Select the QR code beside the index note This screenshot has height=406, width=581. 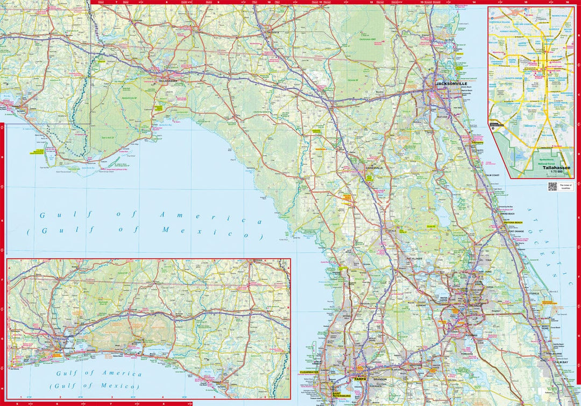(x=552, y=186)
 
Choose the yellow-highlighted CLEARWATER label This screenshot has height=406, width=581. (x=309, y=372)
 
